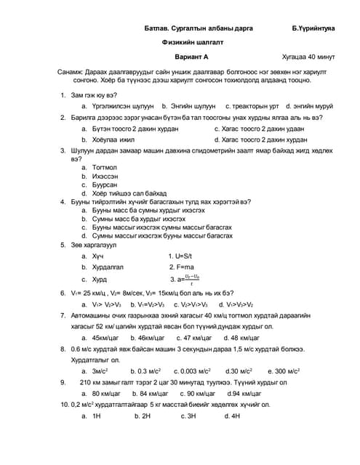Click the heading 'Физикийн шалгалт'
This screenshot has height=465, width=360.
point(192,44)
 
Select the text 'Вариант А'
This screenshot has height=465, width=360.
point(191,57)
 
